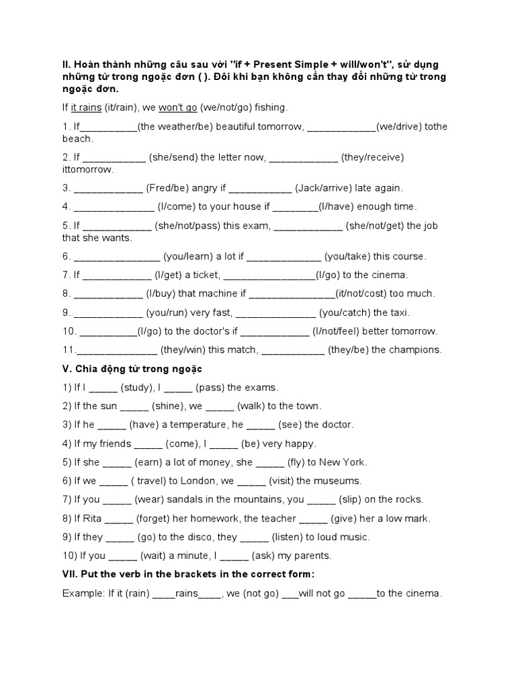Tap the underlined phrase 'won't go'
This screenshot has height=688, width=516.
click(x=178, y=107)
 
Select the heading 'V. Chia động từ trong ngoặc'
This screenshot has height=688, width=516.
click(x=132, y=369)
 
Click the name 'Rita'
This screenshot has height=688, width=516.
click(x=92, y=519)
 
